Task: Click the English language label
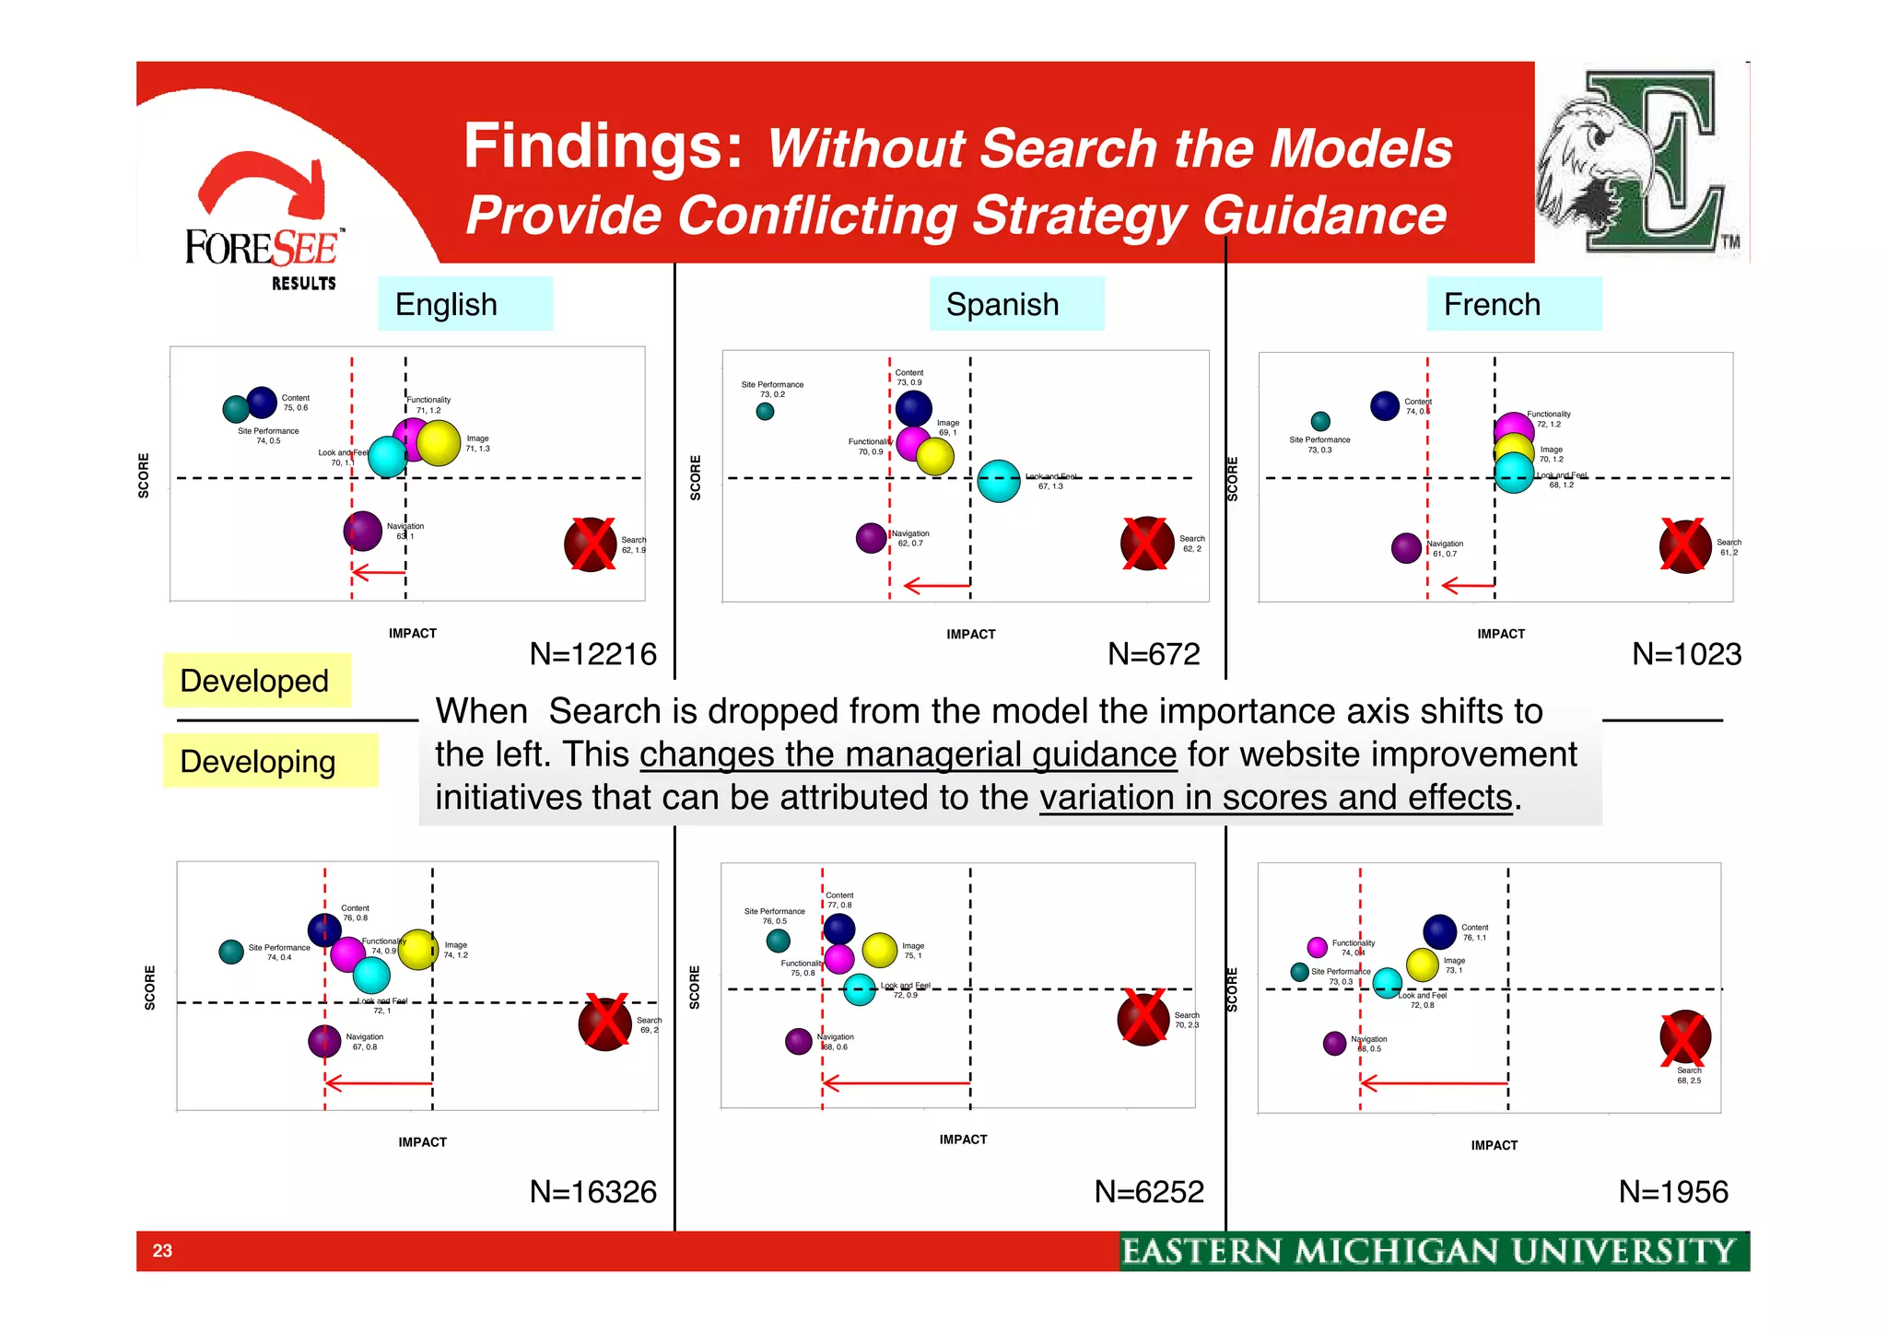click(x=464, y=304)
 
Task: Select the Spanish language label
click(x=1015, y=304)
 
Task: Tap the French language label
click(x=1513, y=304)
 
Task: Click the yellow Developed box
click(x=256, y=681)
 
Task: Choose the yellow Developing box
click(x=269, y=761)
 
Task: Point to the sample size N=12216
click(x=592, y=654)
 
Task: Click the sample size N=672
click(x=1154, y=654)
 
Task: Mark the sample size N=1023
click(x=1686, y=654)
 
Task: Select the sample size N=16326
click(x=592, y=1192)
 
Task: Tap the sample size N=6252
click(x=1149, y=1192)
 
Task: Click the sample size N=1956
click(x=1673, y=1192)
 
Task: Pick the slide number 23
click(x=162, y=1251)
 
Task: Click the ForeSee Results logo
click(x=264, y=226)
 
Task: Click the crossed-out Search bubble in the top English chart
click(x=591, y=544)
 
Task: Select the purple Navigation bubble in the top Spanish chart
click(x=871, y=538)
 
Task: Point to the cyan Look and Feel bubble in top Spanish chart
click(x=999, y=481)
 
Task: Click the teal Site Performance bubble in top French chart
click(x=1320, y=421)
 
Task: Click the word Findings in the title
click(x=603, y=147)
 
